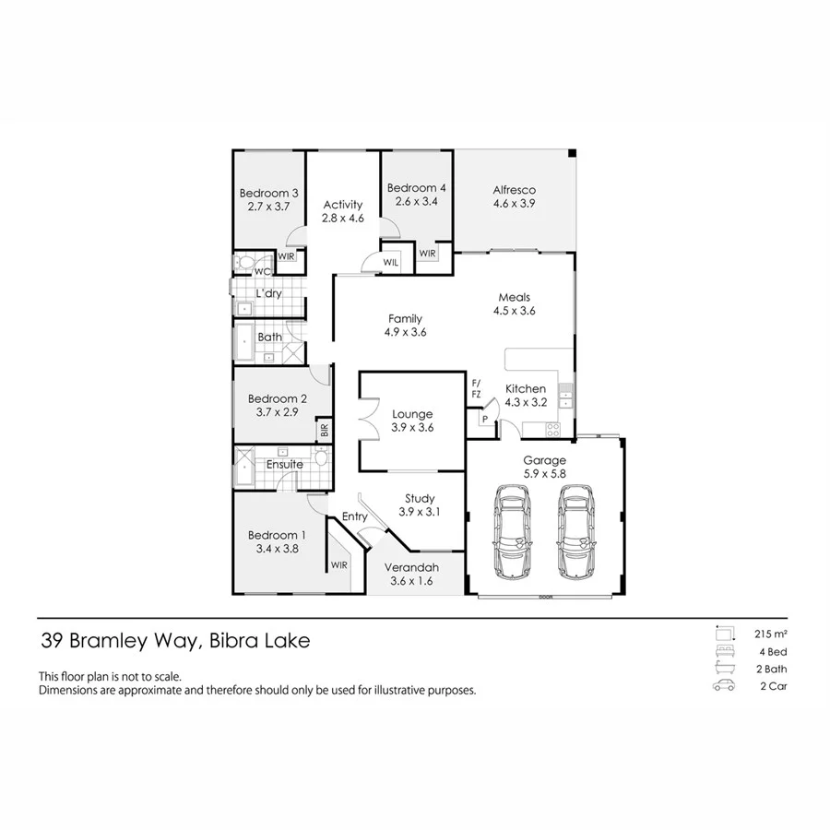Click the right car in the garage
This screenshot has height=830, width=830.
pos(575,529)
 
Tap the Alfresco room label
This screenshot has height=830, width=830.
pos(514,190)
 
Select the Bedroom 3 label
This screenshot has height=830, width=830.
pos(268,193)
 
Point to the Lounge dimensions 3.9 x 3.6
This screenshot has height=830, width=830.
pos(411,427)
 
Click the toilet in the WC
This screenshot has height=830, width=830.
pos(244,263)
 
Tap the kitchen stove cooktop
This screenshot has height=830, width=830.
pos(552,427)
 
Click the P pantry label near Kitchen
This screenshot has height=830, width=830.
pos(484,420)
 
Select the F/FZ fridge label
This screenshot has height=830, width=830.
pos(476,387)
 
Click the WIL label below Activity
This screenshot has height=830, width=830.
pos(390,263)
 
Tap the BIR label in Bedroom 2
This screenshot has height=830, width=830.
pos(324,429)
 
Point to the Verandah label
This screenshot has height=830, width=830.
pos(414,567)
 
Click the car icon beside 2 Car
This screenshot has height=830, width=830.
pos(722,687)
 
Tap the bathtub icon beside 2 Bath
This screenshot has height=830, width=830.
pos(722,670)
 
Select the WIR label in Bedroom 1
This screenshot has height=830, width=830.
pos(338,564)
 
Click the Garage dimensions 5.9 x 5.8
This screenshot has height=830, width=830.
pos(544,473)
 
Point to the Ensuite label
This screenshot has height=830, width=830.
pos(284,464)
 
